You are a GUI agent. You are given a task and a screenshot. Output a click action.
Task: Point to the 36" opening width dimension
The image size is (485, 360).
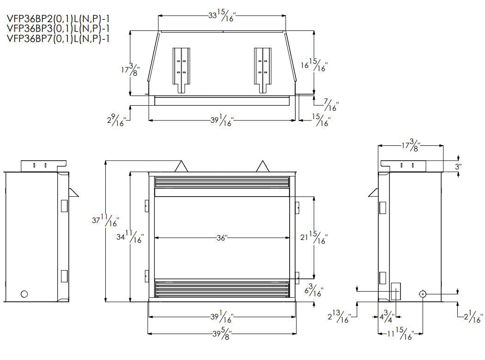tap(222, 238)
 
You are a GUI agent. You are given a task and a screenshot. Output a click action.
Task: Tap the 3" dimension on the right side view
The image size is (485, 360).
tap(458, 167)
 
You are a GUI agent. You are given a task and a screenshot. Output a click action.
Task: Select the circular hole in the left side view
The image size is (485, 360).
tap(24, 294)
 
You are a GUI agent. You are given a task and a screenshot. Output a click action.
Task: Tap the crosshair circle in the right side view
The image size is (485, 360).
tap(423, 294)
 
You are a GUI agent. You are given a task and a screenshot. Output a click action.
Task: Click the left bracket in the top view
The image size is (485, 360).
tap(181, 69)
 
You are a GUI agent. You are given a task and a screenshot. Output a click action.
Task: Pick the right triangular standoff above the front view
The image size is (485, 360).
tap(263, 166)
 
